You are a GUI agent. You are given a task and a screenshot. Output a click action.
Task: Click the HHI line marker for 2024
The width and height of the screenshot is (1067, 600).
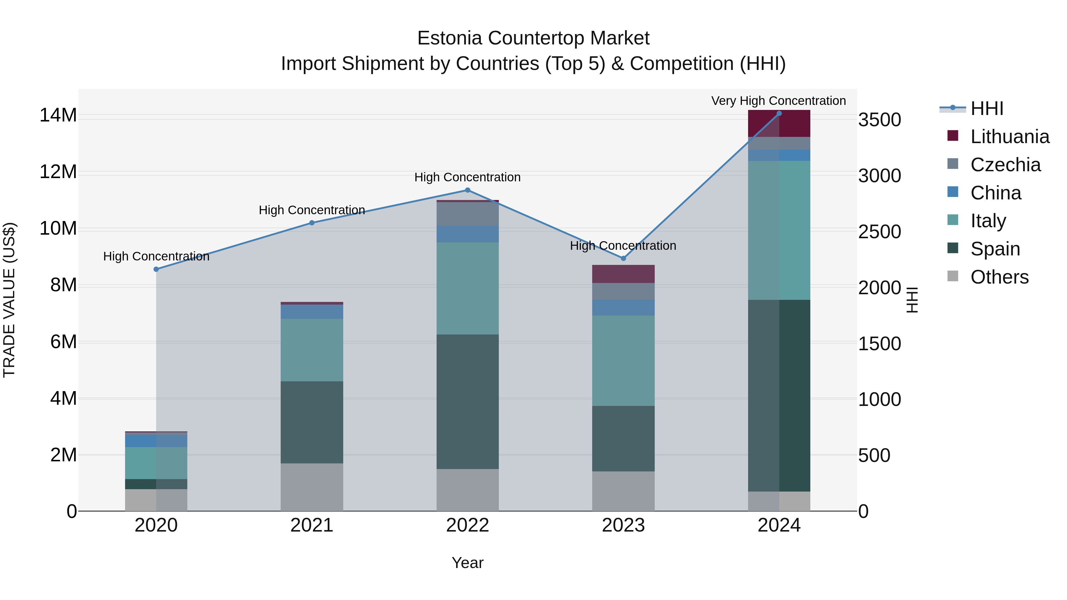779,113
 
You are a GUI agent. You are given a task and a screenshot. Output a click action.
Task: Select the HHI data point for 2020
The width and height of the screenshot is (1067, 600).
156,269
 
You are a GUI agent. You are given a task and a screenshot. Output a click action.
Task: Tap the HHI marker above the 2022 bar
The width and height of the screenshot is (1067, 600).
468,190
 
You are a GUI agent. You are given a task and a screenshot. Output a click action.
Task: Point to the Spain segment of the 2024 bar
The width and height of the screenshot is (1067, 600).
779,396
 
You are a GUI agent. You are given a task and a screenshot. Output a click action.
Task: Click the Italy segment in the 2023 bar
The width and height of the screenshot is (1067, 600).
623,360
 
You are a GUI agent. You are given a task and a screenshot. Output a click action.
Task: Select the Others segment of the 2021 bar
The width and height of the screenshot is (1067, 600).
312,487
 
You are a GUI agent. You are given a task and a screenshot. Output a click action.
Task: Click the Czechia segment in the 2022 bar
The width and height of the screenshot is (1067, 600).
468,214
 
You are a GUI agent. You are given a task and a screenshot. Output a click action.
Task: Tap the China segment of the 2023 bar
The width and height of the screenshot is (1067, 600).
623,308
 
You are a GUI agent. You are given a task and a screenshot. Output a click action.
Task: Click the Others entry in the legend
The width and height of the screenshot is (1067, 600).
999,277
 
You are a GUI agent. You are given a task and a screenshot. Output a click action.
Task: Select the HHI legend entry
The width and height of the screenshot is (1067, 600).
987,108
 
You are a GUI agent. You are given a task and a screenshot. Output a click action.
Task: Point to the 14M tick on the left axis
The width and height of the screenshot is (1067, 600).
58,115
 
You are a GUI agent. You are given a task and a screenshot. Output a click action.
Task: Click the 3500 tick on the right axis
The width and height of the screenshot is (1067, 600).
879,120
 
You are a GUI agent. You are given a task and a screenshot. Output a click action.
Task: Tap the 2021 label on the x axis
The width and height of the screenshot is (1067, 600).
312,525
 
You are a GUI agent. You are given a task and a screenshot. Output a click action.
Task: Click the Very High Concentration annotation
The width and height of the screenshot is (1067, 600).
778,101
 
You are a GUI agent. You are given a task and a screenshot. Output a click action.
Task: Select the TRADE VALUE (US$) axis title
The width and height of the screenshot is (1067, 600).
9,300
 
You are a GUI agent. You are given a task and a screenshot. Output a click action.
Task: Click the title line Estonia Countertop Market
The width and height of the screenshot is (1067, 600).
533,38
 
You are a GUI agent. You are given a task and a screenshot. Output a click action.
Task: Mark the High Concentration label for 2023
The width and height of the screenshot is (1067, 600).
623,246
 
